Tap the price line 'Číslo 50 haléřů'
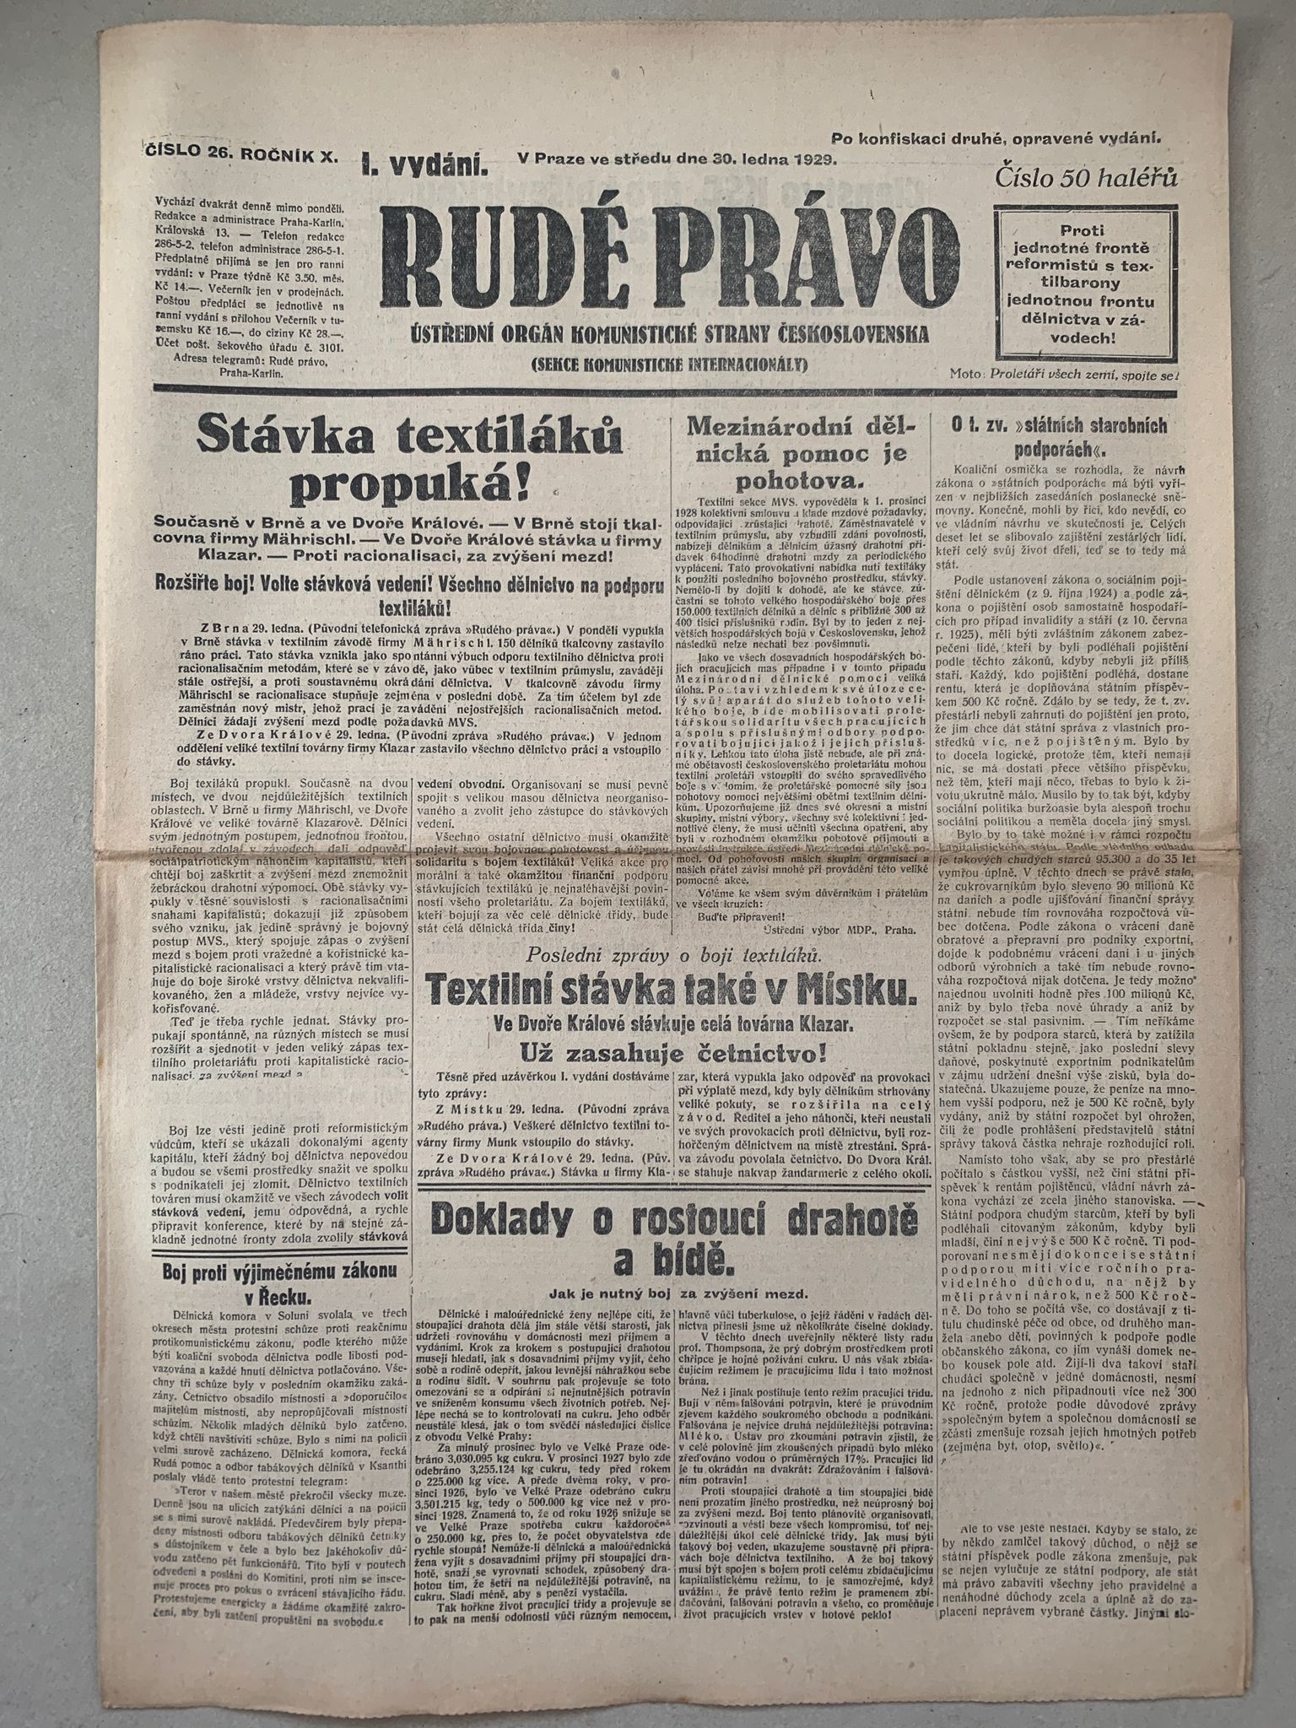[x=1086, y=178]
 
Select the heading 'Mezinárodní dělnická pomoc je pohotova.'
[x=797, y=452]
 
